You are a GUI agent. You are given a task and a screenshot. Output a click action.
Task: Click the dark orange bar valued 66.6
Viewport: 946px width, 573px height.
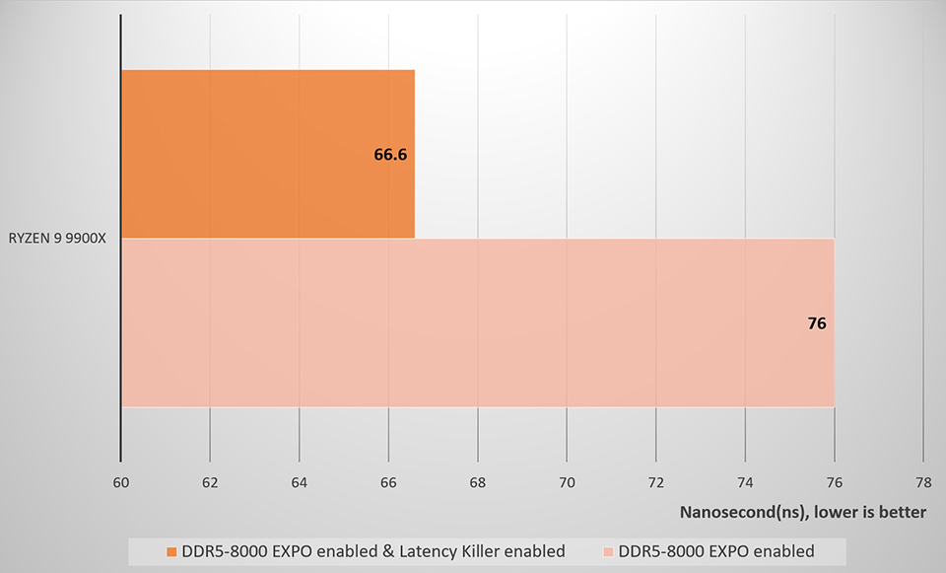coord(266,154)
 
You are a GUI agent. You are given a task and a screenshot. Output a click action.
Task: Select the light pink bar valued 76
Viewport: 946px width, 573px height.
coord(477,322)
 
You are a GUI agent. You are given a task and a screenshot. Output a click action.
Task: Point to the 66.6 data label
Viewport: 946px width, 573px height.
coord(391,155)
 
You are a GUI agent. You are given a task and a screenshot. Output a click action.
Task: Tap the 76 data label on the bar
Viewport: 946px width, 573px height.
coord(816,322)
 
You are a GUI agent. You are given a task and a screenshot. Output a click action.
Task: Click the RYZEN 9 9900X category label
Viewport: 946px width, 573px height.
coord(58,239)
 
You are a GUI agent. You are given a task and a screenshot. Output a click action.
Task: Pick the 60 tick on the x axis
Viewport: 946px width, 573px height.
coord(120,482)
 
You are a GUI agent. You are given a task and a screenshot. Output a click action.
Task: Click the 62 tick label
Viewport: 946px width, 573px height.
coord(210,482)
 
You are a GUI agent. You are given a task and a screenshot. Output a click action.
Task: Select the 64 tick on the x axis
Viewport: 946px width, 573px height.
coord(299,482)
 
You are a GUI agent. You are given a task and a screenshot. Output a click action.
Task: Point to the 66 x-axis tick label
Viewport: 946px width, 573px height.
coord(388,482)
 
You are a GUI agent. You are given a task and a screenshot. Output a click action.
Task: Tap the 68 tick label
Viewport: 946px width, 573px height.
coord(477,482)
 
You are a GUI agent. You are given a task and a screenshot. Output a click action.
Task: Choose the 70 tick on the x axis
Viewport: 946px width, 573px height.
coord(567,482)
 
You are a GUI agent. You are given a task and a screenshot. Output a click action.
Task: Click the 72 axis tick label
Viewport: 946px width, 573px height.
coord(655,482)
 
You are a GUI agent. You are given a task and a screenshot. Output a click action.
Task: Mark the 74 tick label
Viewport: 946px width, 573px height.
coord(744,482)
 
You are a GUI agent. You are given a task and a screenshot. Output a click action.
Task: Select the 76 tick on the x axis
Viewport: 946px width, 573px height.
coord(834,482)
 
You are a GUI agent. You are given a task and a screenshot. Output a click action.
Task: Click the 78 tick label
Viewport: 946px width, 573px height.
coord(922,482)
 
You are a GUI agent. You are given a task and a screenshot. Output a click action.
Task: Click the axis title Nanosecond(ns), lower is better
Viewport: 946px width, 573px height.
coord(803,512)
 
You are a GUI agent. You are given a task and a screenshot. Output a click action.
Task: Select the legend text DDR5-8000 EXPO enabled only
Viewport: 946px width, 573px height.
coord(717,550)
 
